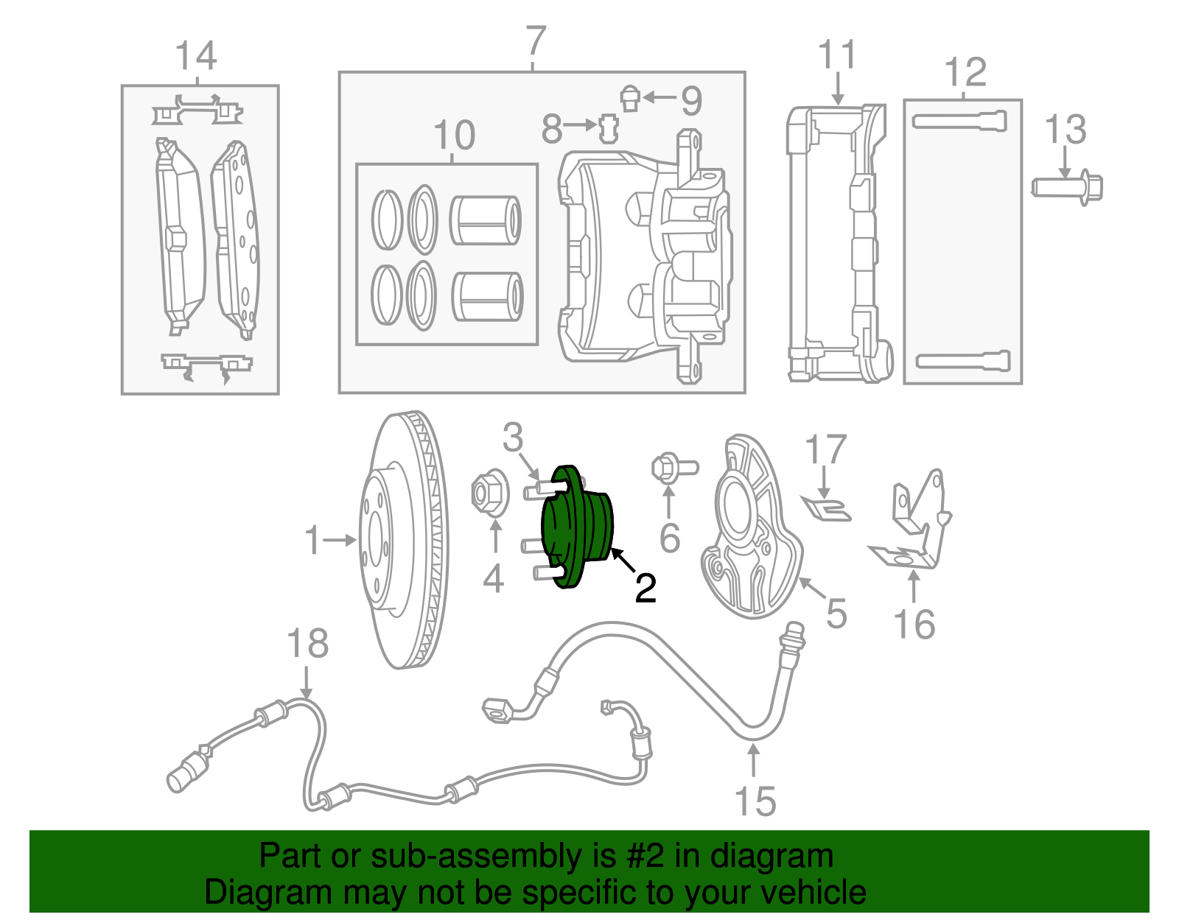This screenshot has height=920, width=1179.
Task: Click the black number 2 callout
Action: pyautogui.click(x=646, y=588)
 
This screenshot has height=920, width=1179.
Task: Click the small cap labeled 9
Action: pyautogui.click(x=629, y=98)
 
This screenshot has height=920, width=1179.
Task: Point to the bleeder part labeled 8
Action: pyautogui.click(x=607, y=128)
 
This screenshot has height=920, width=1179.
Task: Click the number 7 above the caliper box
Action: pyautogui.click(x=536, y=42)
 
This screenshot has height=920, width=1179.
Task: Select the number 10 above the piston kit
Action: pyautogui.click(x=454, y=136)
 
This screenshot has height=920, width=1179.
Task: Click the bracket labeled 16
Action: pyautogui.click(x=914, y=523)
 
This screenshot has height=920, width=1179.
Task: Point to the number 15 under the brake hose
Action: pyautogui.click(x=755, y=801)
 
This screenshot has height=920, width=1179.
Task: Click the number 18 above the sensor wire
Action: pyautogui.click(x=307, y=644)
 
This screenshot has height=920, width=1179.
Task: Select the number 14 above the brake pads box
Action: pyautogui.click(x=196, y=57)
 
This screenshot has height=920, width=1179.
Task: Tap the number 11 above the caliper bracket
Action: pyautogui.click(x=837, y=55)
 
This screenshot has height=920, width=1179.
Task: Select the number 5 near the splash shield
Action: pyautogui.click(x=836, y=613)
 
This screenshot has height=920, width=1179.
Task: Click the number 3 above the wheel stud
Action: pyautogui.click(x=513, y=438)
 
